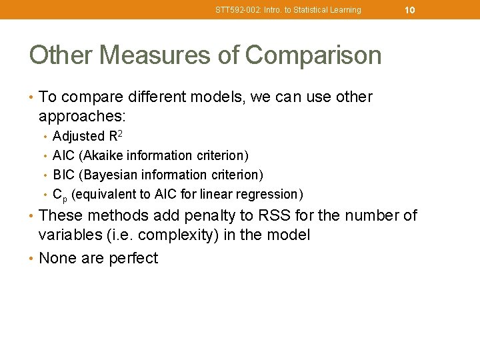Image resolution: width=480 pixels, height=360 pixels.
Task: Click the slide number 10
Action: (410, 10)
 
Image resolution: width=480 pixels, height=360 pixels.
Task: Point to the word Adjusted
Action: (76, 137)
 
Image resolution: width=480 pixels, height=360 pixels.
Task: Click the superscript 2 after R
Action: (120, 133)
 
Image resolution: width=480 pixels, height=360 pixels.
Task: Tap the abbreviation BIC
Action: (63, 175)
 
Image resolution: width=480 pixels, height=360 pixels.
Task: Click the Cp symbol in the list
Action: (59, 195)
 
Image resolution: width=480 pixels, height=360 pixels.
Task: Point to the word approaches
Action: (81, 117)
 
